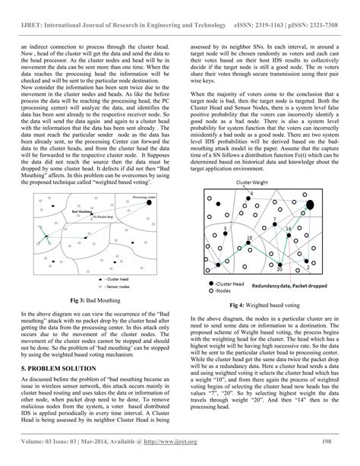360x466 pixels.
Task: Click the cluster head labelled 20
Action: pos(280,263)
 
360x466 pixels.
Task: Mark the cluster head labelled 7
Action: pos(274,225)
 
